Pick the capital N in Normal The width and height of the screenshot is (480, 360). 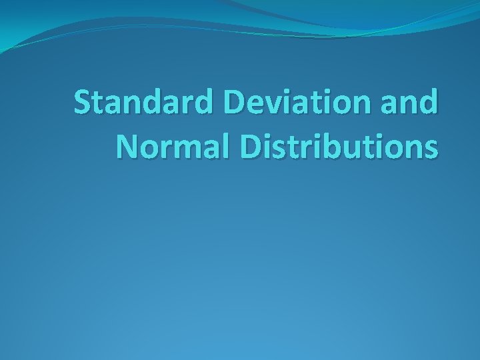[127, 145]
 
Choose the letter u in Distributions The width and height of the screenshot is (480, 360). [353, 148]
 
